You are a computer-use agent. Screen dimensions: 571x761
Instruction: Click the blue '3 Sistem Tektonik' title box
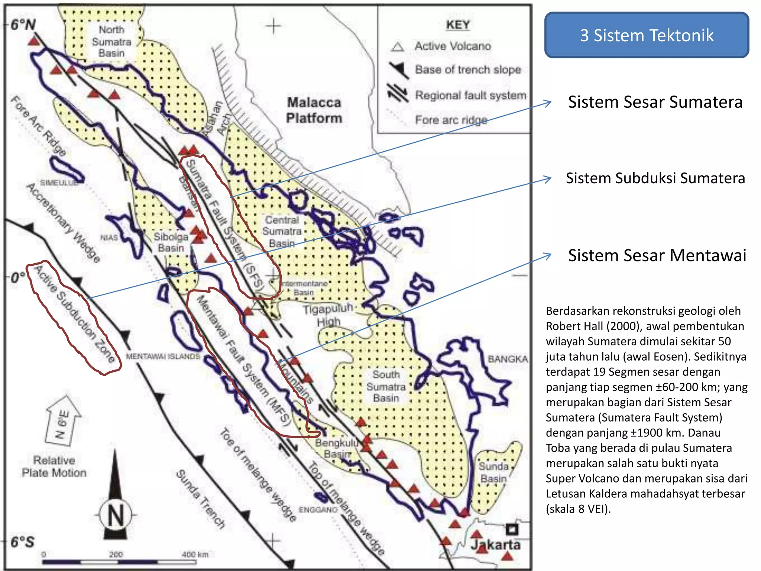[647, 35]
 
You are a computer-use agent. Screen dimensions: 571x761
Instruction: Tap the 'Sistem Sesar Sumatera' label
[655, 102]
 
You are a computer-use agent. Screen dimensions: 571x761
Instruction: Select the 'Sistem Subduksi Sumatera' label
[655, 178]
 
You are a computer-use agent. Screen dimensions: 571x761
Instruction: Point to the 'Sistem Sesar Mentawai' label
[657, 255]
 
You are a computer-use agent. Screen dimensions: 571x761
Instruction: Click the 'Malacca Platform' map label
[314, 110]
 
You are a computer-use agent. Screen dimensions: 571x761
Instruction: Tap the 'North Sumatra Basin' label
[111, 41]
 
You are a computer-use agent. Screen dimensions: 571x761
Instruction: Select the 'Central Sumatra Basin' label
[282, 231]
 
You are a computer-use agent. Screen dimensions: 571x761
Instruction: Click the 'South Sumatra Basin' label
[386, 386]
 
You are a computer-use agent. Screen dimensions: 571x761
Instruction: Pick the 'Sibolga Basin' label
[171, 242]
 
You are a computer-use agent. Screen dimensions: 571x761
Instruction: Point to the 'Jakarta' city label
[496, 545]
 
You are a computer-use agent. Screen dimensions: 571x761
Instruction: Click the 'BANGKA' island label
[508, 359]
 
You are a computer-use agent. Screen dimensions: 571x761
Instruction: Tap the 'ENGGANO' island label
[318, 510]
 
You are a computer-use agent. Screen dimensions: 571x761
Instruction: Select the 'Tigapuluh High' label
[328, 315]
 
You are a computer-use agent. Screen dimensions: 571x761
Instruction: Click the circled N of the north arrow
[116, 515]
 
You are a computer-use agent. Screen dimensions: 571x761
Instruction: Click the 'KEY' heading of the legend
[458, 25]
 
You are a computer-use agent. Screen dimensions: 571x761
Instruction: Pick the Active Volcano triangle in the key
[397, 47]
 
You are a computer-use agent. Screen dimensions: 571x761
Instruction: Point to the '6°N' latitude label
[23, 25]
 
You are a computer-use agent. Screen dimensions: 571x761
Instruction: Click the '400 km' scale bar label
[195, 554]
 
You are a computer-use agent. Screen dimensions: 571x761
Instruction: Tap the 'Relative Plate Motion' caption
[54, 467]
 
